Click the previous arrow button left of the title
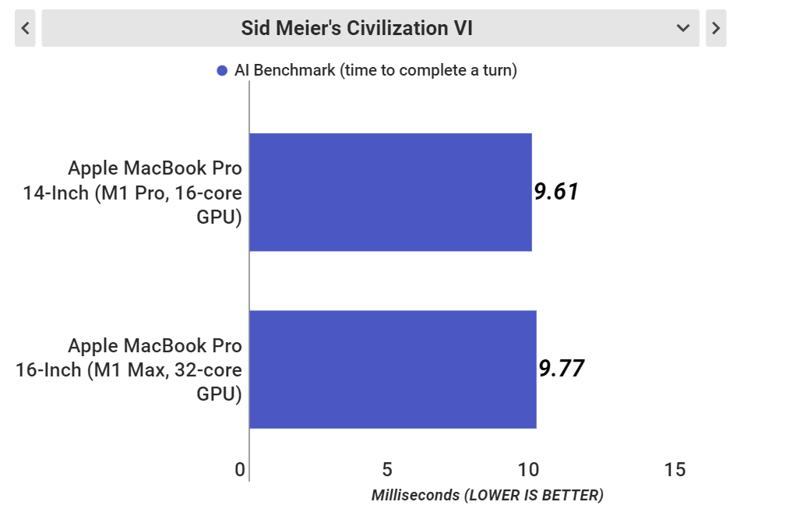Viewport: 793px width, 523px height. pyautogui.click(x=25, y=29)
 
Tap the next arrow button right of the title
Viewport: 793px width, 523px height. pyautogui.click(x=716, y=29)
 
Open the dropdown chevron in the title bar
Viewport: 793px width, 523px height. pyautogui.click(x=683, y=29)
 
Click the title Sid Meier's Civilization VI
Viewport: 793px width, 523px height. pyautogui.click(x=357, y=29)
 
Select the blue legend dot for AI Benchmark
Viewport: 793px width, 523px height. pyautogui.click(x=222, y=71)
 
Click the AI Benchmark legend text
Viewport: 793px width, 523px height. pyautogui.click(x=375, y=71)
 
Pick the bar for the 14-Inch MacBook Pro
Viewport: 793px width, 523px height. pyautogui.click(x=390, y=193)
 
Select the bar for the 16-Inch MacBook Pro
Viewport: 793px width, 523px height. pyautogui.click(x=393, y=369)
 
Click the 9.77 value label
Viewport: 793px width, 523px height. pyautogui.click(x=561, y=369)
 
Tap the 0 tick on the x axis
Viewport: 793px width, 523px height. pyautogui.click(x=240, y=470)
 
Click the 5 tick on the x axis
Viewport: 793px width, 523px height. pyautogui.click(x=387, y=470)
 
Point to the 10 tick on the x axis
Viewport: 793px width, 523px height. pyautogui.click(x=528, y=470)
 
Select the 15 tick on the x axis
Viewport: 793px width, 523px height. pyautogui.click(x=675, y=470)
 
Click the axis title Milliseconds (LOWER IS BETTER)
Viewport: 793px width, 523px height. pyautogui.click(x=488, y=496)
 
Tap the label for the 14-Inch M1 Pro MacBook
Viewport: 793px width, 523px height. pyautogui.click(x=132, y=193)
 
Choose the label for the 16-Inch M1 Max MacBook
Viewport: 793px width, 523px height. pyautogui.click(x=129, y=369)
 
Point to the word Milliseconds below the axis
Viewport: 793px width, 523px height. pyautogui.click(x=415, y=496)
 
